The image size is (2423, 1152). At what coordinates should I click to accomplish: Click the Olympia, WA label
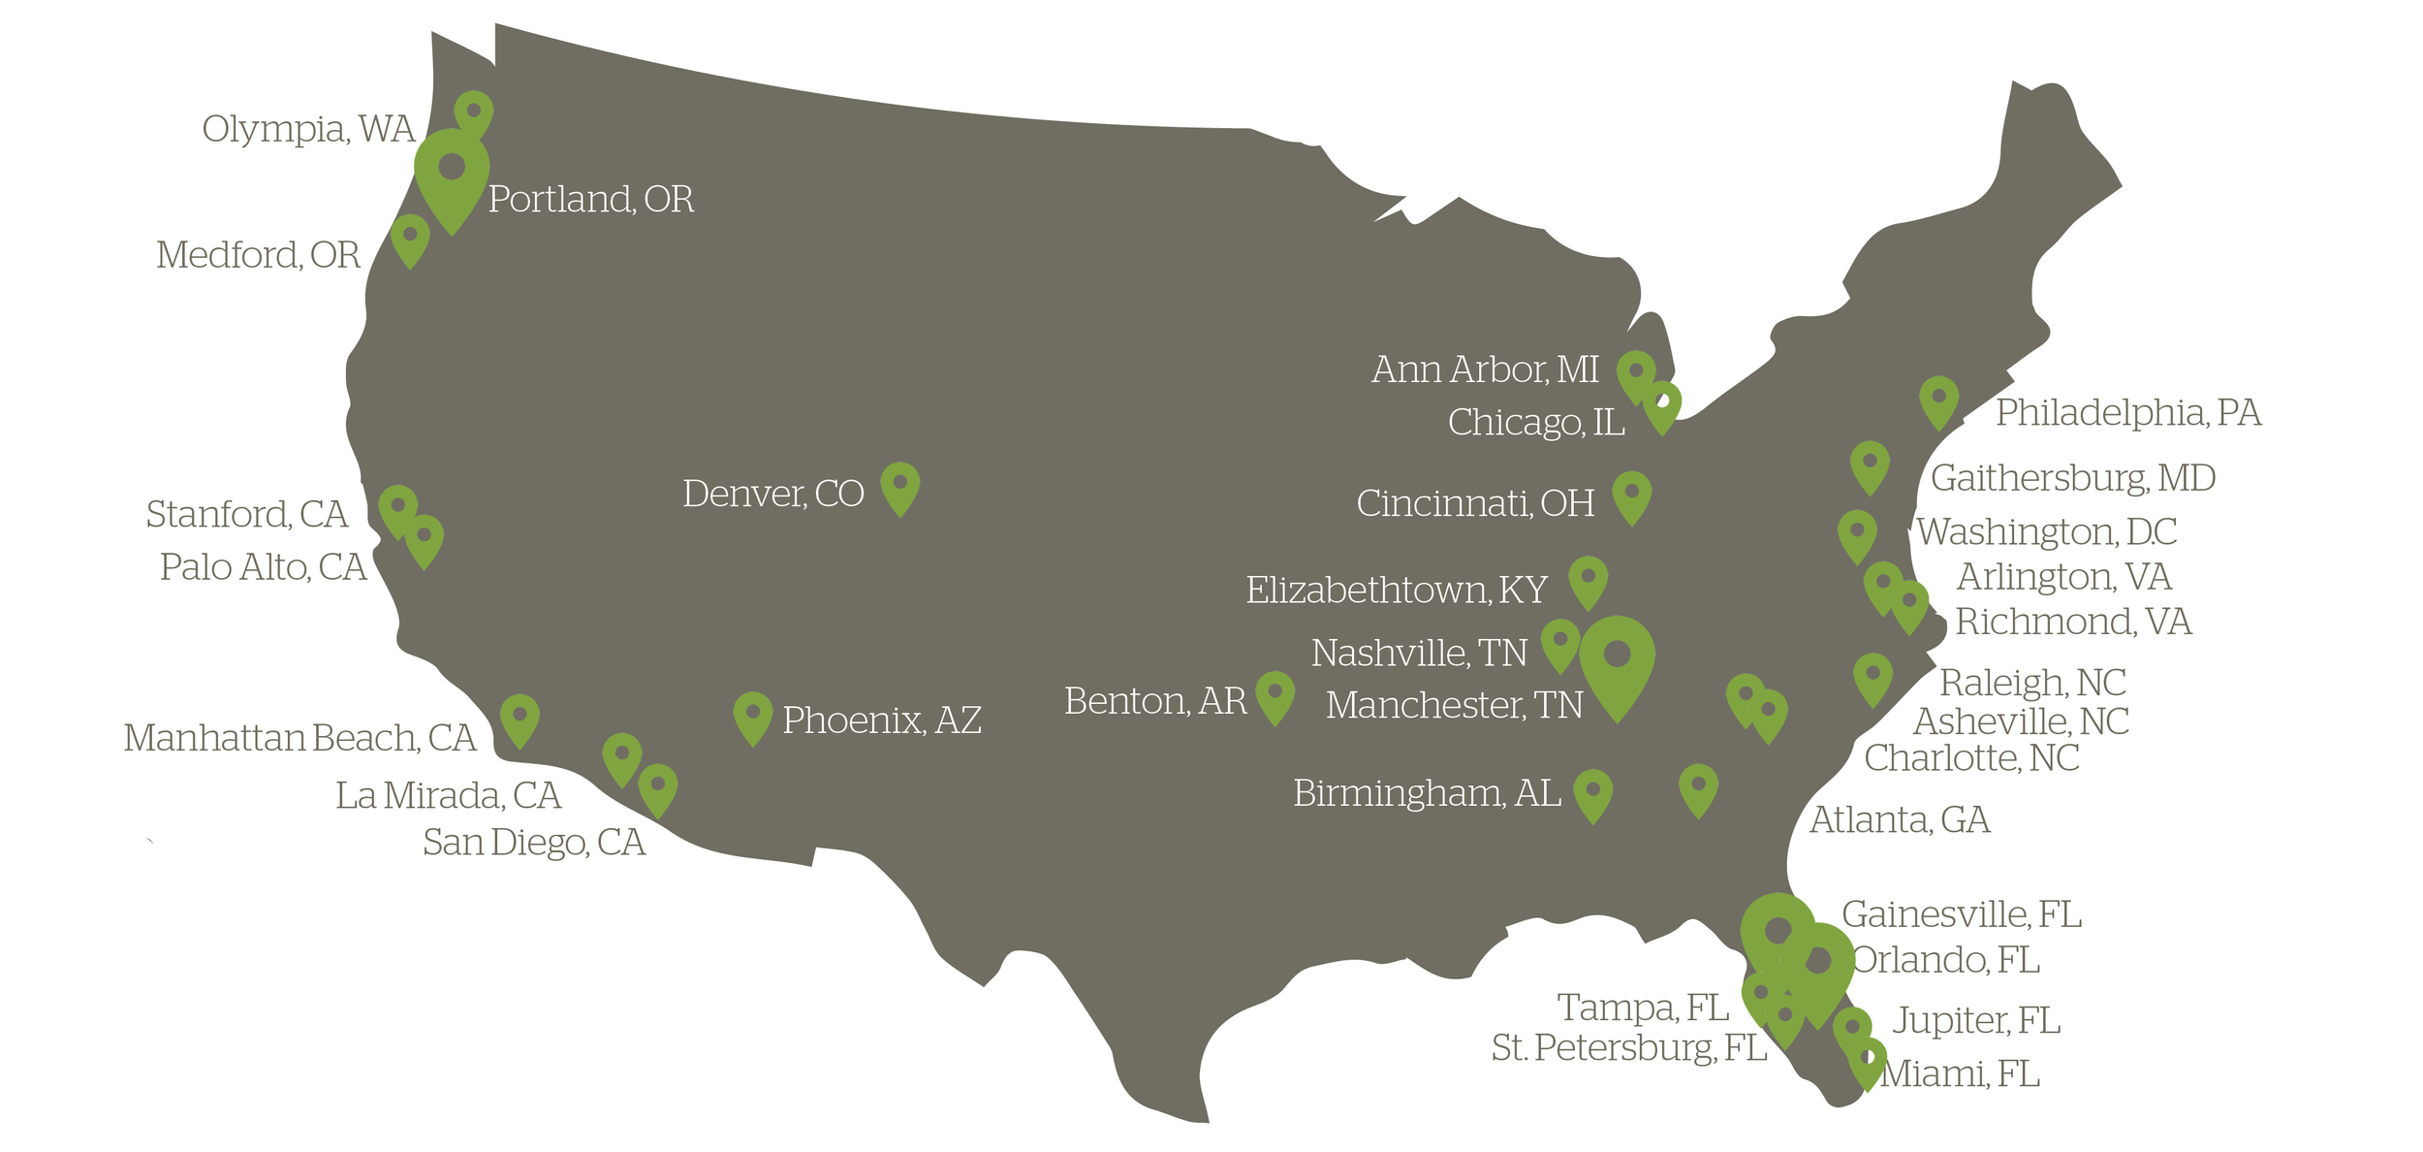(x=308, y=129)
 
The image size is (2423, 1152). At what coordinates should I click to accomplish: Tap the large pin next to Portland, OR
(x=452, y=175)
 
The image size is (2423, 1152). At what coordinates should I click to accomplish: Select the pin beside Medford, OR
(x=410, y=239)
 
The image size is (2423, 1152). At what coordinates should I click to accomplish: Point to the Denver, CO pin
(x=899, y=487)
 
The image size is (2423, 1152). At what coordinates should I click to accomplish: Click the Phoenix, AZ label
(x=881, y=720)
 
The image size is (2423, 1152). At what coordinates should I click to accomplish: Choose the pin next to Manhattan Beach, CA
(x=519, y=719)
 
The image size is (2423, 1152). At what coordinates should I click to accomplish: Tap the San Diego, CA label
(x=533, y=843)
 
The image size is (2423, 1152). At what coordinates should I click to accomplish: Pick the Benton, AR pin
(x=1274, y=696)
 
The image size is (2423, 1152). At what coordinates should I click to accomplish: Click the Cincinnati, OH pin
(x=1631, y=496)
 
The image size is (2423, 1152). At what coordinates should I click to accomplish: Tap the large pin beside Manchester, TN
(x=1617, y=661)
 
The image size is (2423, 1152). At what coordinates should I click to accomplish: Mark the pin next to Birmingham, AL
(x=1592, y=794)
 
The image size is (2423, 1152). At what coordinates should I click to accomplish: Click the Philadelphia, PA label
(x=2127, y=413)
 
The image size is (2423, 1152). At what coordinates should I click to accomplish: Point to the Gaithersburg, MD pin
(x=1870, y=466)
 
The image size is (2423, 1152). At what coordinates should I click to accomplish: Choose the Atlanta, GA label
(x=1899, y=820)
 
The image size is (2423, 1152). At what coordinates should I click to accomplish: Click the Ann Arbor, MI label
(x=1484, y=369)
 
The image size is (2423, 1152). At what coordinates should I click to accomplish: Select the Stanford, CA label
(x=246, y=515)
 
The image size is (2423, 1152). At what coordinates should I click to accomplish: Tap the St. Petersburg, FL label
(x=1628, y=1048)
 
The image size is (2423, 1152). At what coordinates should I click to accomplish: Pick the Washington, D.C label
(x=2046, y=532)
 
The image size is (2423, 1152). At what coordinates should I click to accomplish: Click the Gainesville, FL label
(x=1961, y=914)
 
